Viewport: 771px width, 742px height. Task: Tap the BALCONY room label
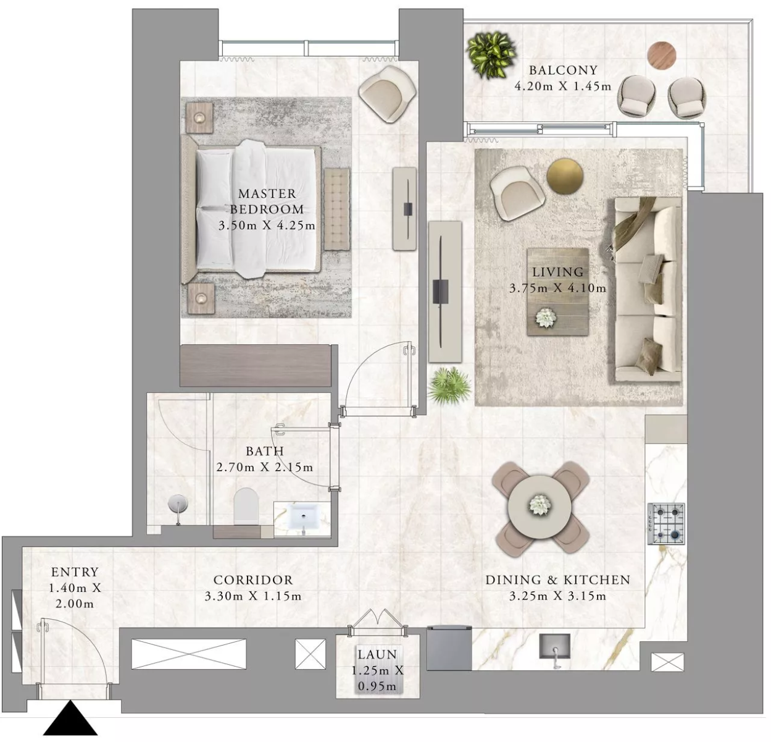[x=563, y=70]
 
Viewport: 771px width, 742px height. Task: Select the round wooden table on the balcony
[x=662, y=55]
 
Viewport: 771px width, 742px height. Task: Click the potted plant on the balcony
[x=491, y=55]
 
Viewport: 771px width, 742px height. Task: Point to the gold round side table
[x=565, y=176]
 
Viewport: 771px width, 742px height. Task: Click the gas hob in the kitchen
[x=666, y=523]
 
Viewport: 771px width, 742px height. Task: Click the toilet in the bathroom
[x=246, y=506]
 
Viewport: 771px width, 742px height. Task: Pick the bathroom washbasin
[x=302, y=518]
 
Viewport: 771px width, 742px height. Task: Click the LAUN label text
[x=377, y=655]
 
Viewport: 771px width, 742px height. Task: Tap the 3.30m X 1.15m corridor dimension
[x=252, y=596]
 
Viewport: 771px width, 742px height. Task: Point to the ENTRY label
[x=75, y=571]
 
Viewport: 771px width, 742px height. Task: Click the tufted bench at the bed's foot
[x=337, y=209]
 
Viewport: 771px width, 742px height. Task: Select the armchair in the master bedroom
[x=387, y=93]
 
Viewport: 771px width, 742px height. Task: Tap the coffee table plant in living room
[x=545, y=318]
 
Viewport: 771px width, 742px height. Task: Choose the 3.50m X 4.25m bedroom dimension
[x=267, y=226]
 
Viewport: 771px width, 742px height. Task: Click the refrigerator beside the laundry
[x=449, y=647]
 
